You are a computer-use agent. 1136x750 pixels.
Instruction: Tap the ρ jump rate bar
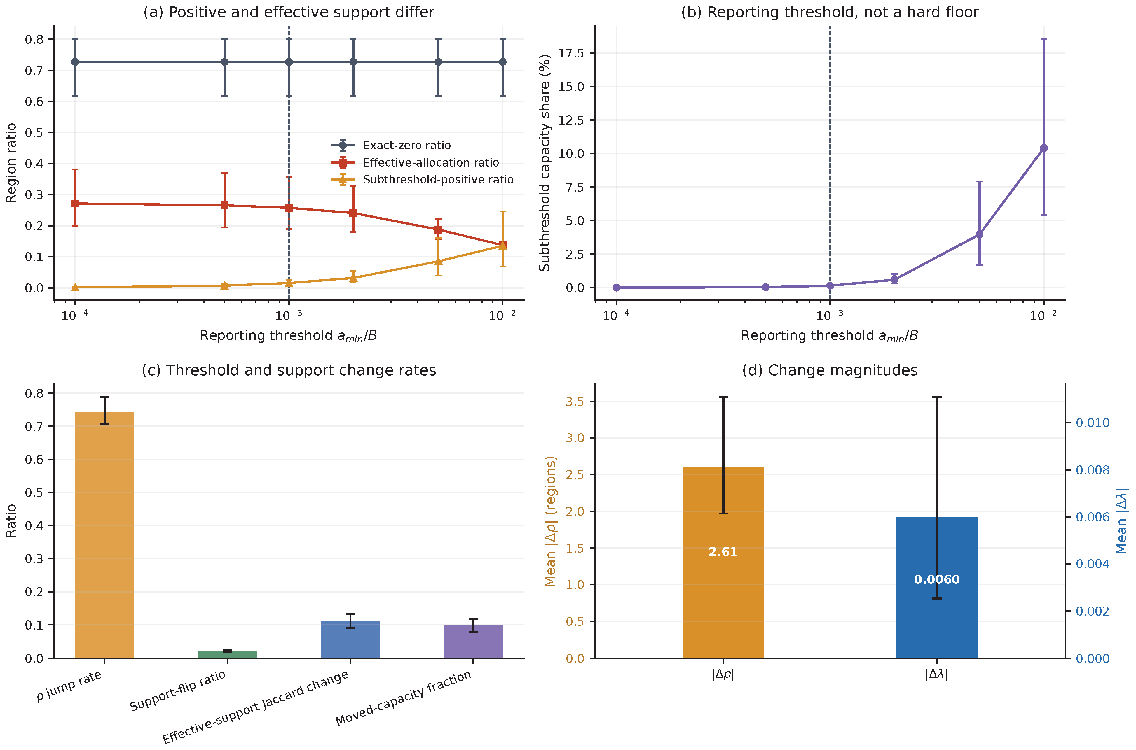[x=105, y=535]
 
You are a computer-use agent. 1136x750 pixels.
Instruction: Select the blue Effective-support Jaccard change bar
[x=350, y=639]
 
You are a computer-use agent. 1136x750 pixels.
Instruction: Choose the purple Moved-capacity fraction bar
[x=473, y=642]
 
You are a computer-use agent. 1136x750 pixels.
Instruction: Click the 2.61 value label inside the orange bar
[x=723, y=552]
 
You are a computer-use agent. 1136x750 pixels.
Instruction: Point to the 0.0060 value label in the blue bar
[x=937, y=580]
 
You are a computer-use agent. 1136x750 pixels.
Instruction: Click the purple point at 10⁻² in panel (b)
[x=1044, y=148]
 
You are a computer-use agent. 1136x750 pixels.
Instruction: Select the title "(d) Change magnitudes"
[x=830, y=370]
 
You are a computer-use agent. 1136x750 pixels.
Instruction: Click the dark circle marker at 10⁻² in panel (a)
[x=502, y=62]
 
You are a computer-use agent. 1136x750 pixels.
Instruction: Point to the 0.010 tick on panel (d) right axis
[x=1093, y=423]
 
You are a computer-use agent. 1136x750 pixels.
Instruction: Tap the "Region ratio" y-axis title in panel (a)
[x=11, y=163]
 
